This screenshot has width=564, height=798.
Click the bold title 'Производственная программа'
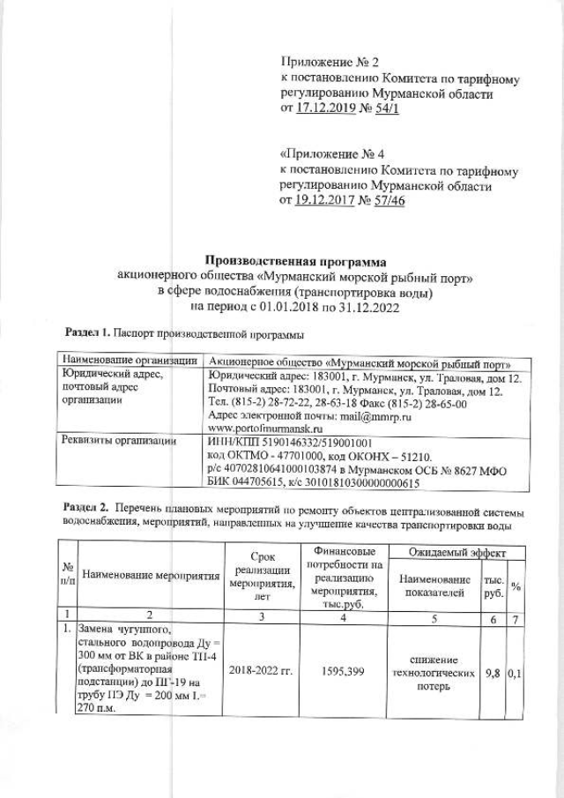click(x=296, y=260)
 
